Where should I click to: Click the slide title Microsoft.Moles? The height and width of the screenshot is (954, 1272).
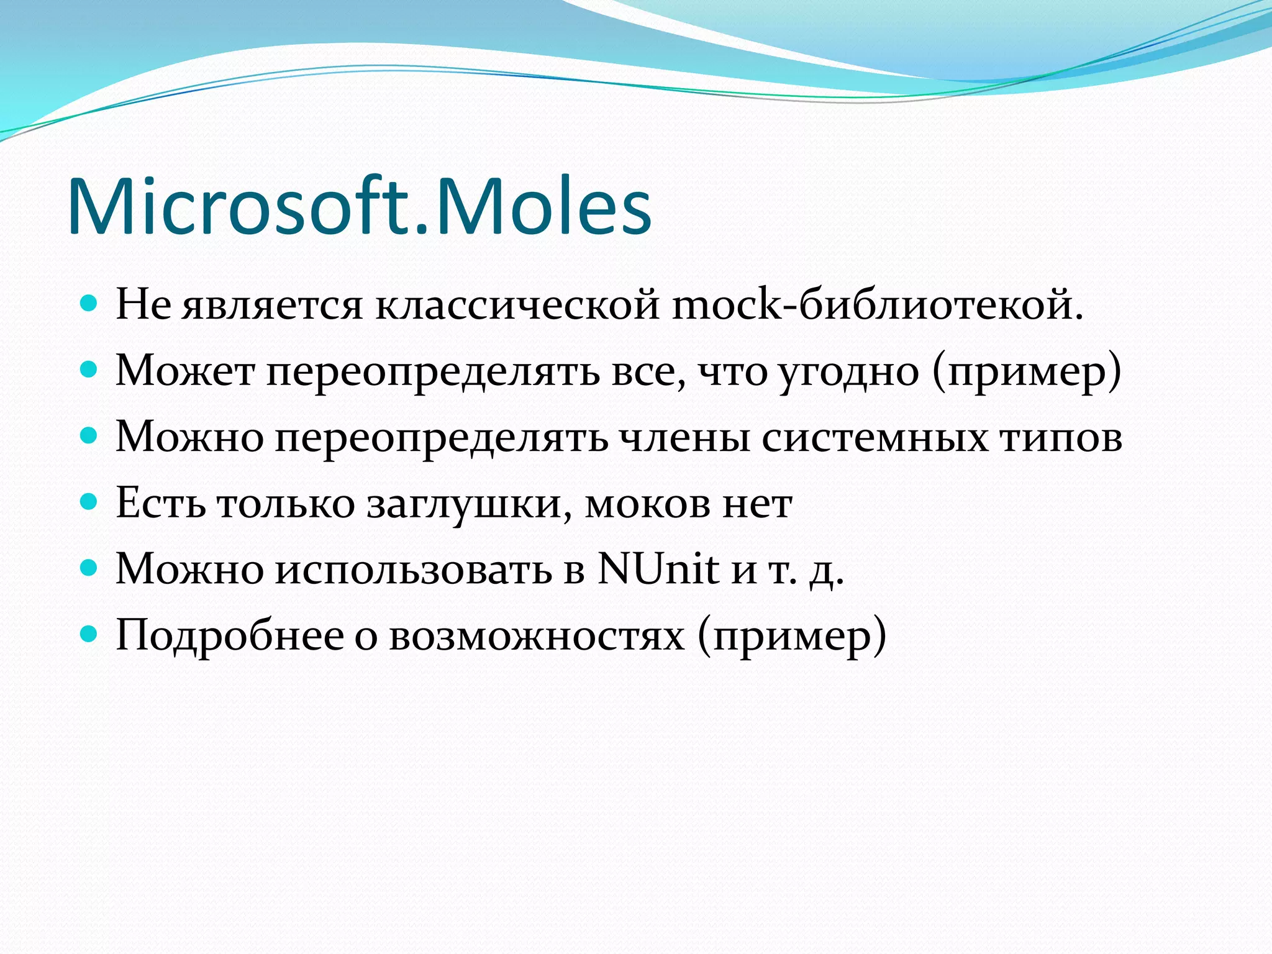coord(359,206)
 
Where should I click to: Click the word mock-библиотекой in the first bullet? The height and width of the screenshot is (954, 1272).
coord(878,306)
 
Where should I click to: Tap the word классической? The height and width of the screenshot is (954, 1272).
coord(517,306)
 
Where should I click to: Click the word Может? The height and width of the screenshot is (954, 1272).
coord(185,371)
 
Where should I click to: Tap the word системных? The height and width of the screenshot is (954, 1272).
coord(874,437)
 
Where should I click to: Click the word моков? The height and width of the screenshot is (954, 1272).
coord(647,504)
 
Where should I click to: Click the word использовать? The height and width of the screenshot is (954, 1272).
coord(413,570)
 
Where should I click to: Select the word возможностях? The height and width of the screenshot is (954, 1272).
coord(537,635)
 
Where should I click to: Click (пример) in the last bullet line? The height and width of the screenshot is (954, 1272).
coord(791,637)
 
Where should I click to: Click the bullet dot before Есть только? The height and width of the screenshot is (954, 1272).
coord(89,501)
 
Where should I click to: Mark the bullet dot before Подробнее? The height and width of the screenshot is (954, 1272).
coord(89,633)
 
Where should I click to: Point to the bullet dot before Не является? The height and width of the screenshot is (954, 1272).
coord(89,304)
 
